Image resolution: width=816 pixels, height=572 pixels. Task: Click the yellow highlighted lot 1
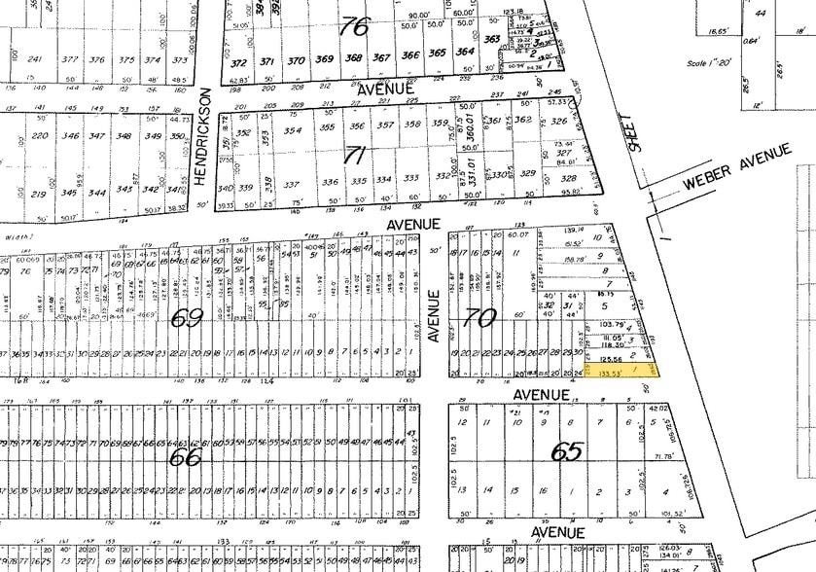(x=622, y=371)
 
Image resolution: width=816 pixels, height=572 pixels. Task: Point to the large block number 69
(x=187, y=317)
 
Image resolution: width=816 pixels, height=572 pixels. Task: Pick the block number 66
(x=185, y=455)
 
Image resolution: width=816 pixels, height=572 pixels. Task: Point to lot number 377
(x=70, y=59)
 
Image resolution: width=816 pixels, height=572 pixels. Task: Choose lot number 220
(x=40, y=135)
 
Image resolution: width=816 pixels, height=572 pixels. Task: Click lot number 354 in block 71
(x=293, y=130)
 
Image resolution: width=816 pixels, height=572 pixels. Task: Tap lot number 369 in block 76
(x=325, y=58)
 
